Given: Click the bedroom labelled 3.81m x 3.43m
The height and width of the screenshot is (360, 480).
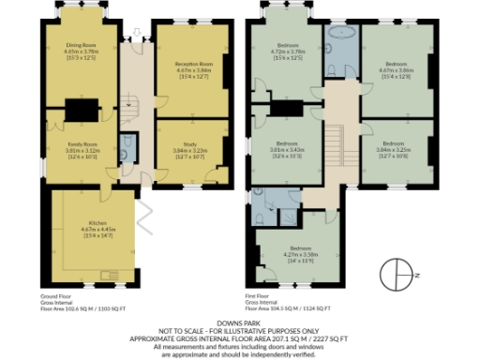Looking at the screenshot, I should (x=285, y=150).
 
